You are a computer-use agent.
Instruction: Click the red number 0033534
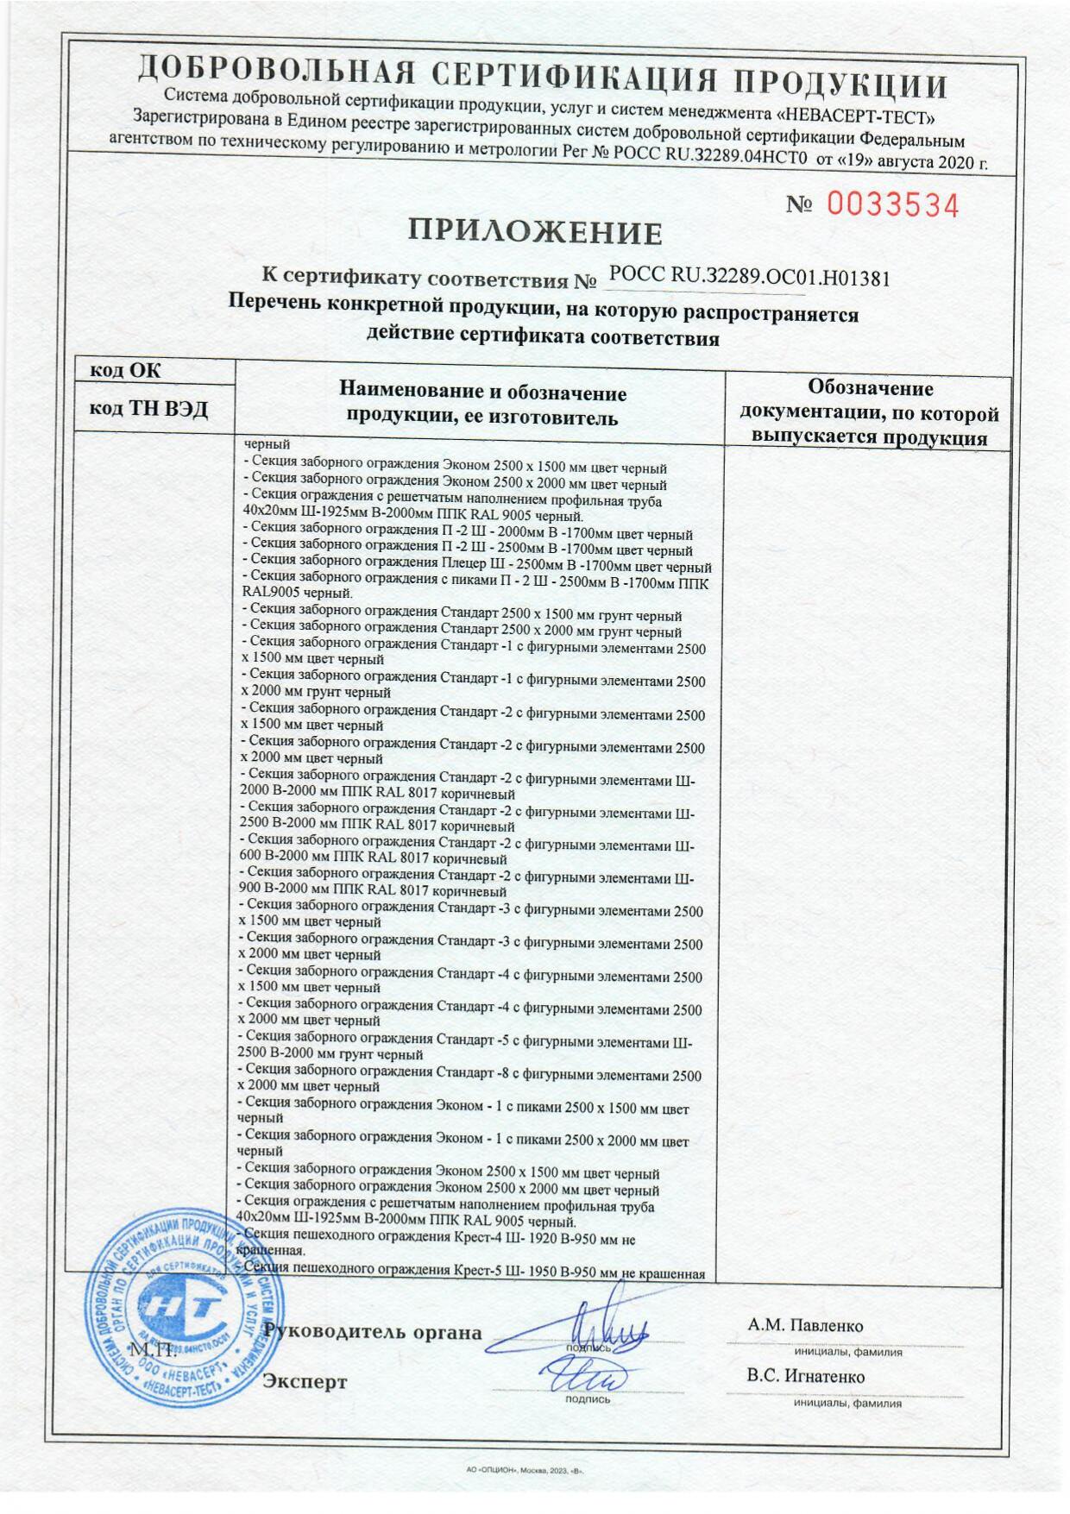click(893, 205)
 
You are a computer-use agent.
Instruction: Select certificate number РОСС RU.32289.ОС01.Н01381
click(749, 278)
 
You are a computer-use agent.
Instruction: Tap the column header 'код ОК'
click(126, 370)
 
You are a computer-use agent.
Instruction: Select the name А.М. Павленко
click(806, 1326)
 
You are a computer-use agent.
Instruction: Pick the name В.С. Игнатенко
click(806, 1377)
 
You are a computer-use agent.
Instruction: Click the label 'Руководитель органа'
click(373, 1331)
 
